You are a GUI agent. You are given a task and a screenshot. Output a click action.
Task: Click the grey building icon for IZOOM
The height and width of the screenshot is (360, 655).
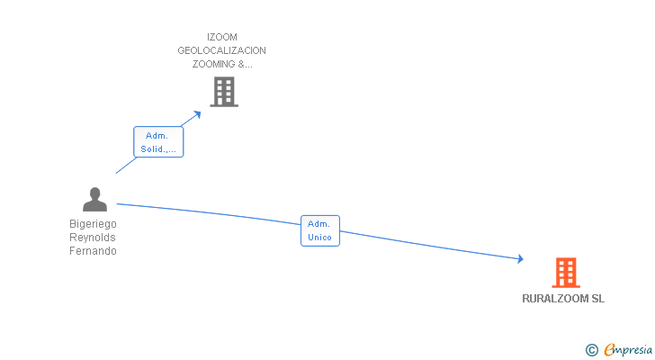224,92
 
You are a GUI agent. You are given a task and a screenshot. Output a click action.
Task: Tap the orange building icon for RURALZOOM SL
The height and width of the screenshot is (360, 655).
565,272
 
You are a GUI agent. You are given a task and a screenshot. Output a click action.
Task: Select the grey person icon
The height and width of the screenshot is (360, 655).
94,200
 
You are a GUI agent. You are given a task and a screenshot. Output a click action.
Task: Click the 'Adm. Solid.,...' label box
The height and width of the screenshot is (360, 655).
159,142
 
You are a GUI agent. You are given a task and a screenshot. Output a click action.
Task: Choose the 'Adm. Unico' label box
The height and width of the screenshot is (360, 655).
320,230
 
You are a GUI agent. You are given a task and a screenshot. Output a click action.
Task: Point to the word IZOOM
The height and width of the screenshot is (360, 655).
221,37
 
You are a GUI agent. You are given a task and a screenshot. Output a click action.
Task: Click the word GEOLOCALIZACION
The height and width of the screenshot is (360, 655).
221,50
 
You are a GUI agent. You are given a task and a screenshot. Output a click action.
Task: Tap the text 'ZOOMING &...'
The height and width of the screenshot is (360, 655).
221,64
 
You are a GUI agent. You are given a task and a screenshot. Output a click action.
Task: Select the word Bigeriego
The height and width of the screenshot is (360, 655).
94,223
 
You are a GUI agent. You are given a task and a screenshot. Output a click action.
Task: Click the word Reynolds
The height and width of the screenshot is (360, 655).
94,237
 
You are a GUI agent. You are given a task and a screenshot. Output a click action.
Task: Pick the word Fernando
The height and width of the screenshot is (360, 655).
94,251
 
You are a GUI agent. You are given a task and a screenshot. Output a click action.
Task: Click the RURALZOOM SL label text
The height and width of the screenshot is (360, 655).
563,299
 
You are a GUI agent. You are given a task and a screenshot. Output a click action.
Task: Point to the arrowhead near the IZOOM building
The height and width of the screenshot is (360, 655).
198,114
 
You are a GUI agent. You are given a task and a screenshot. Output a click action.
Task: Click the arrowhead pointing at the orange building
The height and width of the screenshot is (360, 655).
519,259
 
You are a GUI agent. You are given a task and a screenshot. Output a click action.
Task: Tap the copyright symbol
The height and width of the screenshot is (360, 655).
591,350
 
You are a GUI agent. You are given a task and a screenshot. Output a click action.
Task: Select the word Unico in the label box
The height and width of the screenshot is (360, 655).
320,238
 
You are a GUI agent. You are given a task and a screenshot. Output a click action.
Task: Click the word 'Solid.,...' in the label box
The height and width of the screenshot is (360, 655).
159,149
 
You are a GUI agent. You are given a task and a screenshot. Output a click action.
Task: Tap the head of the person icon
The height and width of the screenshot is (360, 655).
94,192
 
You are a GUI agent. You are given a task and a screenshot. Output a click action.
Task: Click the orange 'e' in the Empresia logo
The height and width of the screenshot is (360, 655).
609,350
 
